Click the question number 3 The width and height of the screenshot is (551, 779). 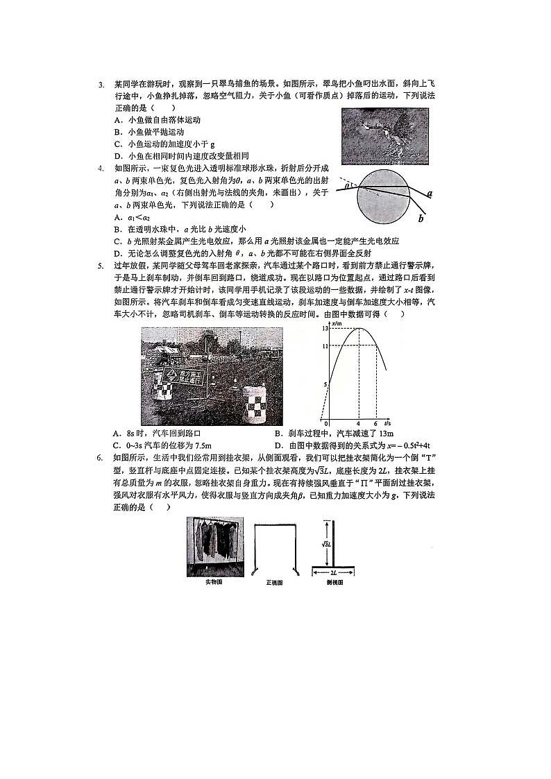101,85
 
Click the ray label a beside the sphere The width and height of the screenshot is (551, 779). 430,196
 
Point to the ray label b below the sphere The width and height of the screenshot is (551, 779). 421,219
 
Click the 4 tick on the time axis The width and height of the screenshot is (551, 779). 358,423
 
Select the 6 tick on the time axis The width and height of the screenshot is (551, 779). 375,423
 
